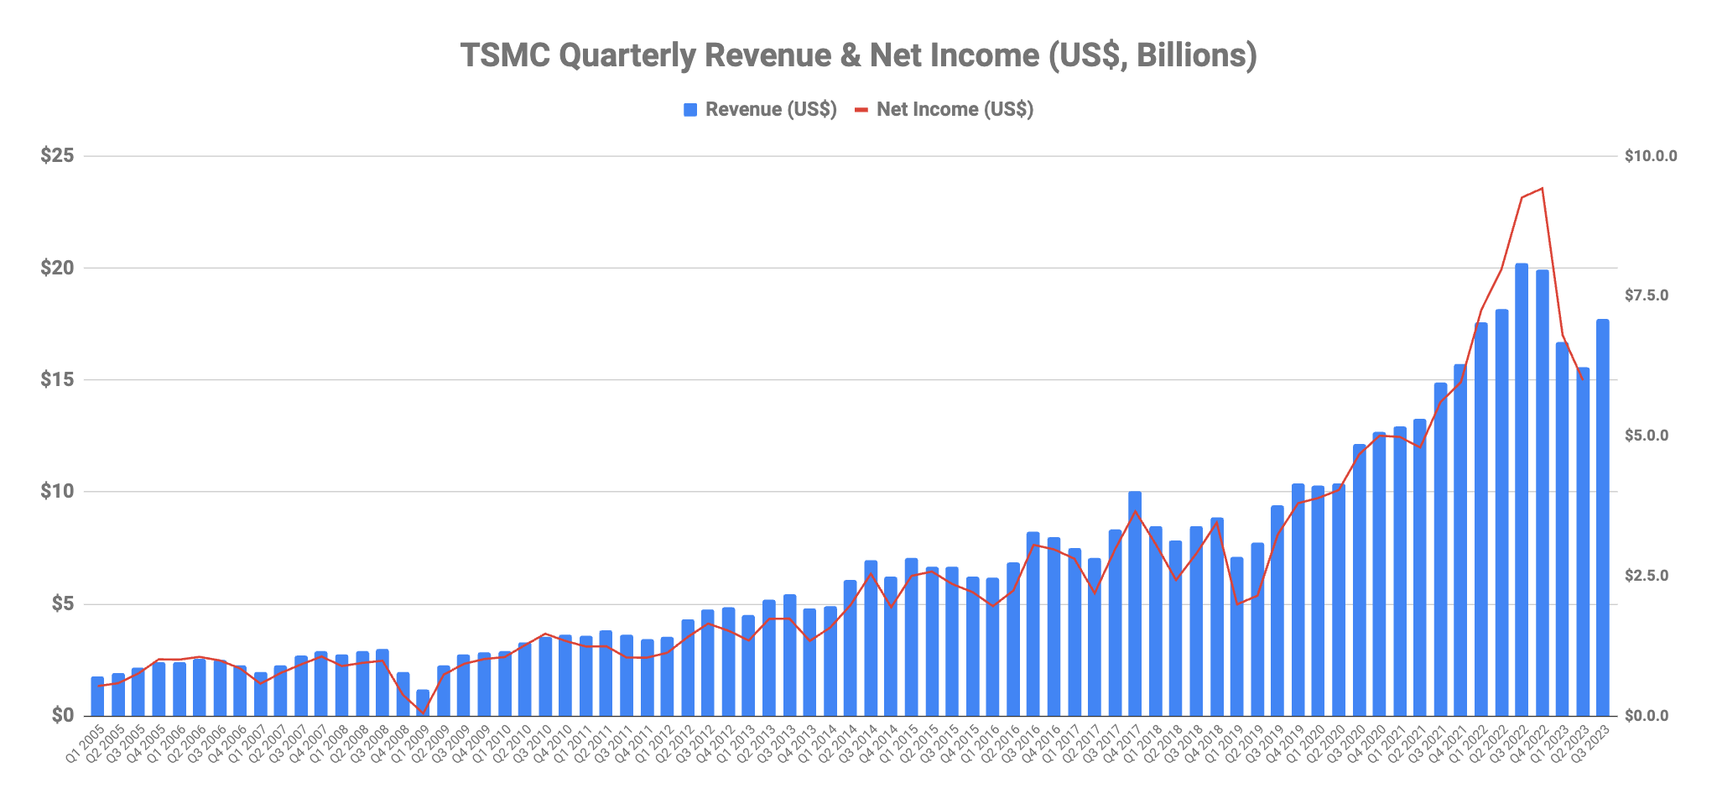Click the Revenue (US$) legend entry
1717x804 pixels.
point(760,110)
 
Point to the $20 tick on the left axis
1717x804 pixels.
point(57,269)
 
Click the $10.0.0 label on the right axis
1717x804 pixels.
point(1650,156)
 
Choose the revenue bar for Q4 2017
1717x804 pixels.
point(1135,604)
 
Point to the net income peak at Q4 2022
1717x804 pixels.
point(1542,189)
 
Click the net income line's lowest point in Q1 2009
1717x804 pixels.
point(423,713)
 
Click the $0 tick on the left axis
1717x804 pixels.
point(63,716)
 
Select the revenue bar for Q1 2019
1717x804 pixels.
point(1236,636)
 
